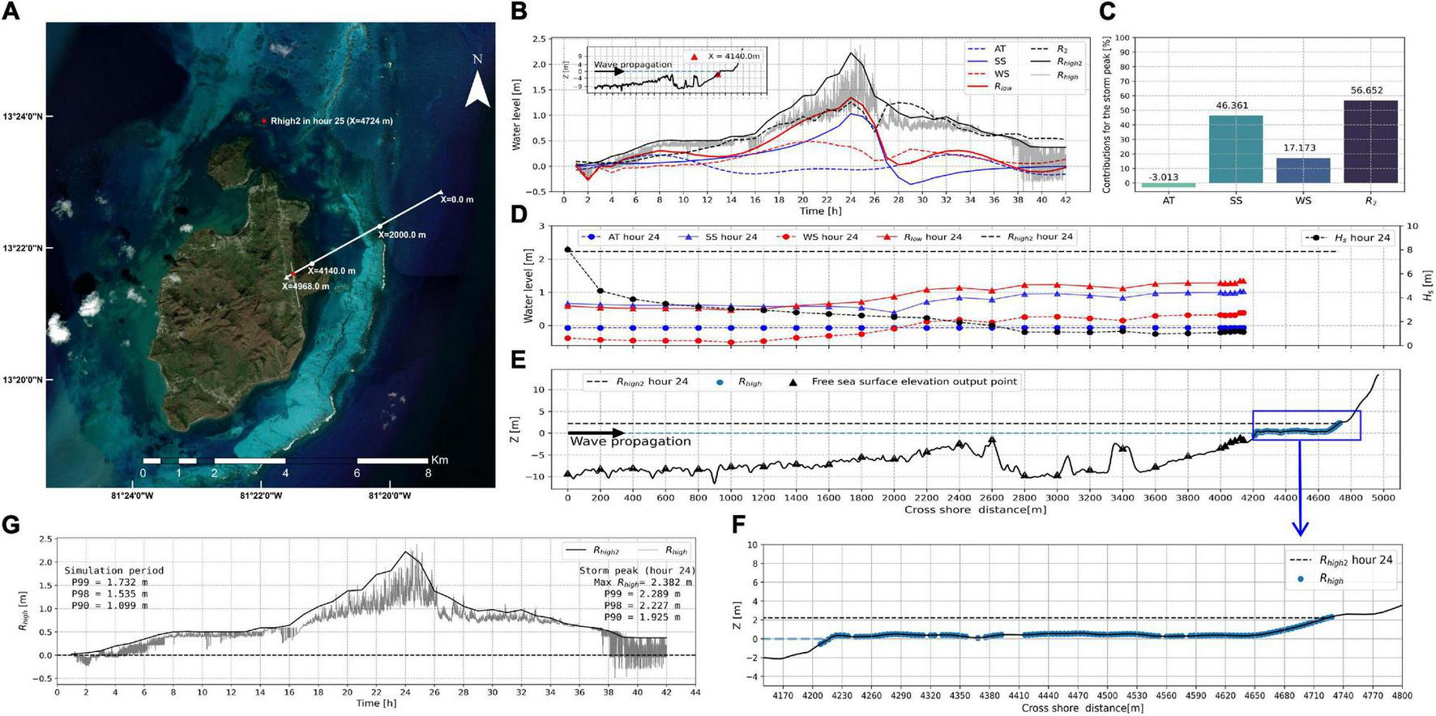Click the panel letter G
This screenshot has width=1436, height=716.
[11, 524]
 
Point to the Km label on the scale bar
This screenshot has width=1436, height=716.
[439, 460]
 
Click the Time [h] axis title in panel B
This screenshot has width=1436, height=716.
[822, 211]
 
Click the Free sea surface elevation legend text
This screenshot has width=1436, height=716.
[914, 381]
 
